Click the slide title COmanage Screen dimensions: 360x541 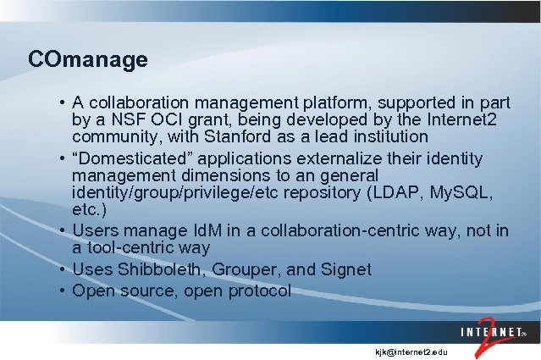[88, 60]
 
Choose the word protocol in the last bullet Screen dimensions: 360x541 [256, 291]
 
